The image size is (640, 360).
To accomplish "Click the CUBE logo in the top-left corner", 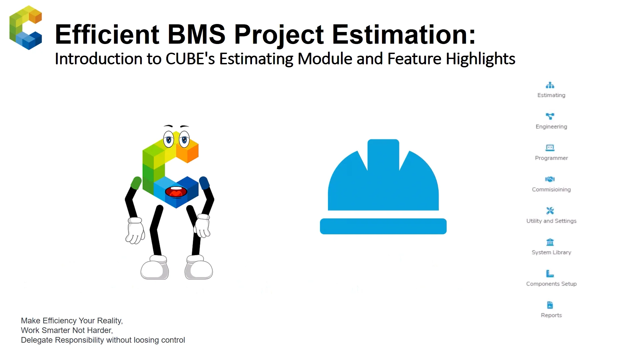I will (26, 28).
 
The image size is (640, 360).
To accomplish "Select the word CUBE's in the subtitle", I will (190, 59).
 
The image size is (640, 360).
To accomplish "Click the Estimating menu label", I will (551, 95).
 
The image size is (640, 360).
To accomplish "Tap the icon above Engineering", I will (550, 116).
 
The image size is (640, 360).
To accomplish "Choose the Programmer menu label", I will (551, 158).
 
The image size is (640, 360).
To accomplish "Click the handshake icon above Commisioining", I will (550, 179).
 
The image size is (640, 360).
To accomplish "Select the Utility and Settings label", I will (551, 221).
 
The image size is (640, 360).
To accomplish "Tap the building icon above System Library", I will (550, 242).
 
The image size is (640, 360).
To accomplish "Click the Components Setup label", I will (551, 284).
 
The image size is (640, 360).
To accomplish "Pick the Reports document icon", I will (550, 305).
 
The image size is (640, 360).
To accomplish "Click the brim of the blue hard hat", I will (383, 226).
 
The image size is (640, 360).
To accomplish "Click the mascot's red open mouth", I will (176, 192).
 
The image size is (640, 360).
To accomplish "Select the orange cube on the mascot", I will (187, 151).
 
